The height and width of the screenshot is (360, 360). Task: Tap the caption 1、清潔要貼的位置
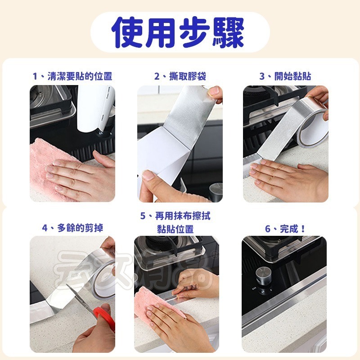coord(72,76)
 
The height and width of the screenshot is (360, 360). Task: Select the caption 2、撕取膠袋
coord(180,76)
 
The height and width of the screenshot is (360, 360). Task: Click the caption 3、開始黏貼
coord(285,76)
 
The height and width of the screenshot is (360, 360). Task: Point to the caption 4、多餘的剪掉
coord(72,228)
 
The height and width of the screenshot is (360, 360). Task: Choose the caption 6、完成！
coord(285,229)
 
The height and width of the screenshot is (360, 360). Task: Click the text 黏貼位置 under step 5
coord(175,229)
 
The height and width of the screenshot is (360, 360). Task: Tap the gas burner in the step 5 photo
coord(157,250)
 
